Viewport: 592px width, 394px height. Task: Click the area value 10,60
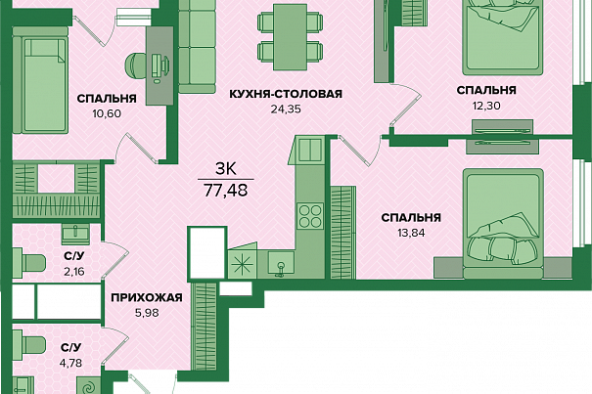click(107, 113)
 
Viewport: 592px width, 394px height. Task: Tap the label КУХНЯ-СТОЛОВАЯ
click(286, 94)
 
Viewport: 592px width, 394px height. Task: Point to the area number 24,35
click(286, 109)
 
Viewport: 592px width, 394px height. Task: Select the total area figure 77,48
click(226, 191)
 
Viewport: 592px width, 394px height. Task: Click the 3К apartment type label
click(225, 169)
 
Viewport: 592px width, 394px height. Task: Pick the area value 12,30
click(486, 106)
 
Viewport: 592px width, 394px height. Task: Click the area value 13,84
click(411, 233)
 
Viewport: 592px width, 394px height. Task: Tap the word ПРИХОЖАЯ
click(147, 298)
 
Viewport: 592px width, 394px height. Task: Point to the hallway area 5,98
click(147, 313)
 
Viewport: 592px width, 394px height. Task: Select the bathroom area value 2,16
click(74, 272)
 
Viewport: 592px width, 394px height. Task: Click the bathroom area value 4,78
click(70, 363)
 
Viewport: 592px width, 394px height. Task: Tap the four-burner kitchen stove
click(310, 216)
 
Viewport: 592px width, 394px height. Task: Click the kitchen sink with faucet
click(281, 264)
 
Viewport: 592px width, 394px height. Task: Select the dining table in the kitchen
click(290, 37)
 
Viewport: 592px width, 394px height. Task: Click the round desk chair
click(134, 65)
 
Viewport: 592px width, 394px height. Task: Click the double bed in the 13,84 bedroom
click(503, 224)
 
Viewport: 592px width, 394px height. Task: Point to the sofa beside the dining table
click(197, 46)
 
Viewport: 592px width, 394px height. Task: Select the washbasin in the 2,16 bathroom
click(75, 234)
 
